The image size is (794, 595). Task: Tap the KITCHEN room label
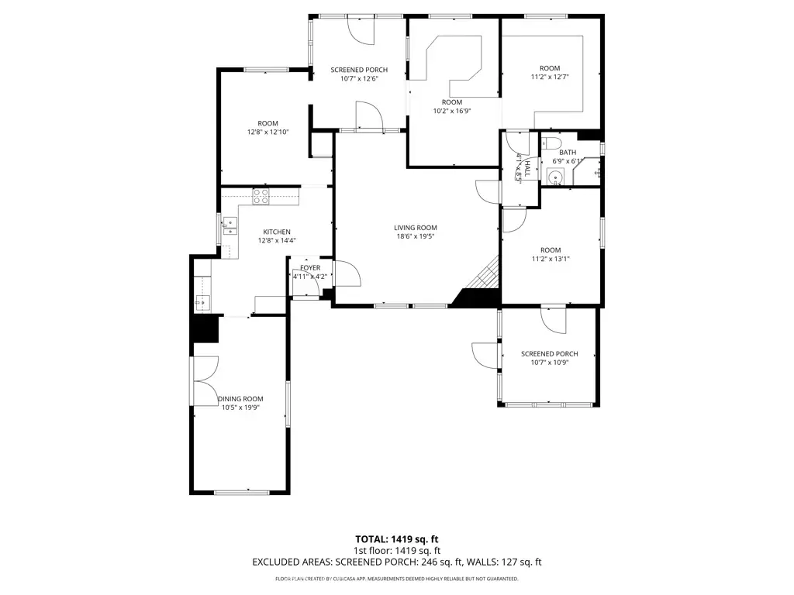277,232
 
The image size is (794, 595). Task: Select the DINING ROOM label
240,398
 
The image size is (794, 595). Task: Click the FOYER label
310,268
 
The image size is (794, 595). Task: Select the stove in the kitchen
261,196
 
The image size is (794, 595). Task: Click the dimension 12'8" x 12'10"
268,132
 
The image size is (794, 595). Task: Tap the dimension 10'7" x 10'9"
549,363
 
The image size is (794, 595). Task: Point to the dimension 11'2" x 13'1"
550,259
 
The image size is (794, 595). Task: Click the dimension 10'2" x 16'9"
452,111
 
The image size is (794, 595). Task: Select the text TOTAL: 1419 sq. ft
396,538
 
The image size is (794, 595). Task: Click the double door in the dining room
205,380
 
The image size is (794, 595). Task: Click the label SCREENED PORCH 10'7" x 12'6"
359,74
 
